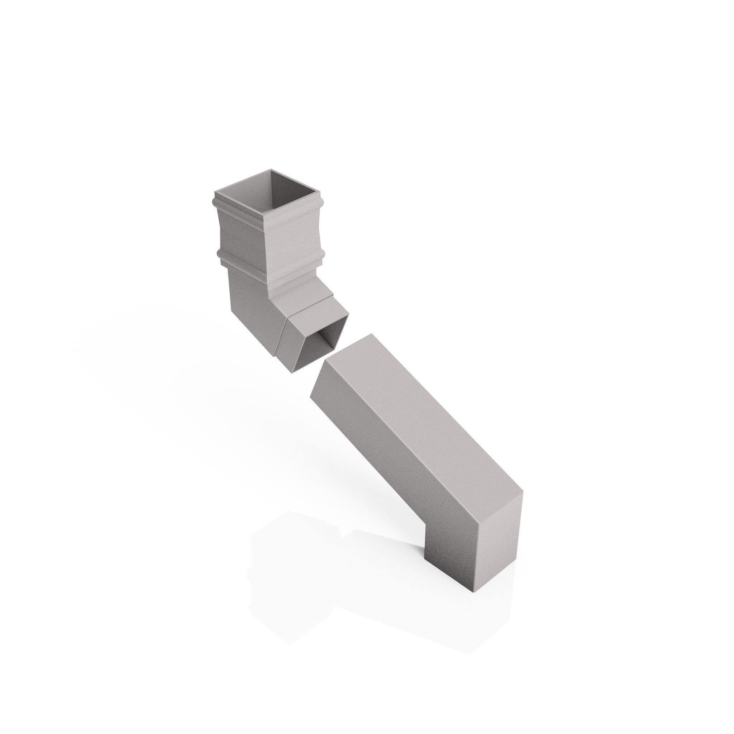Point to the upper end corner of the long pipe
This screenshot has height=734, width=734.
coord(371,334)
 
